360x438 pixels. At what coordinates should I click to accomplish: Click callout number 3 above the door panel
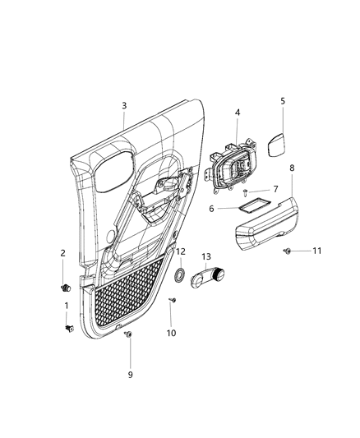pyautogui.click(x=124, y=105)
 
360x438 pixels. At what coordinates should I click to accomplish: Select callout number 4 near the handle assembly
pyautogui.click(x=237, y=113)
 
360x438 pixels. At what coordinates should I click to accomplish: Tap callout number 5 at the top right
pyautogui.click(x=283, y=101)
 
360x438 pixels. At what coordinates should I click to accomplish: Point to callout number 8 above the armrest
pyautogui.click(x=292, y=167)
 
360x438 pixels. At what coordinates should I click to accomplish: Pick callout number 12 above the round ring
pyautogui.click(x=181, y=251)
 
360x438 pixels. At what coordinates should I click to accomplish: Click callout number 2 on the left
pyautogui.click(x=62, y=254)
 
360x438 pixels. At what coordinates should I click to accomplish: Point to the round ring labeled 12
pyautogui.click(x=180, y=274)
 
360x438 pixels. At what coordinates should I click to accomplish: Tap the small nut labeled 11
pyautogui.click(x=288, y=250)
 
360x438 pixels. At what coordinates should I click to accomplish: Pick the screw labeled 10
pyautogui.click(x=173, y=303)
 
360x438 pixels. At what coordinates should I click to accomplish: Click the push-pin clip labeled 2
pyautogui.click(x=64, y=287)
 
